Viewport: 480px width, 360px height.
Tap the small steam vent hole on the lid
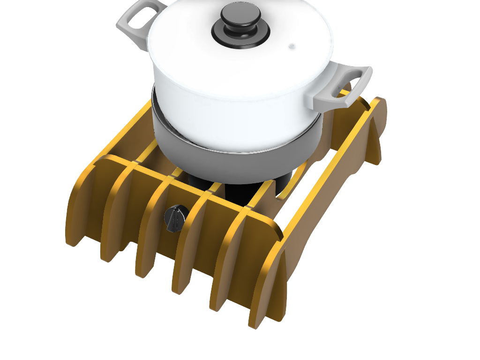(x=292, y=46)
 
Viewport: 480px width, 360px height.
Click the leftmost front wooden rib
(x=77, y=206)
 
